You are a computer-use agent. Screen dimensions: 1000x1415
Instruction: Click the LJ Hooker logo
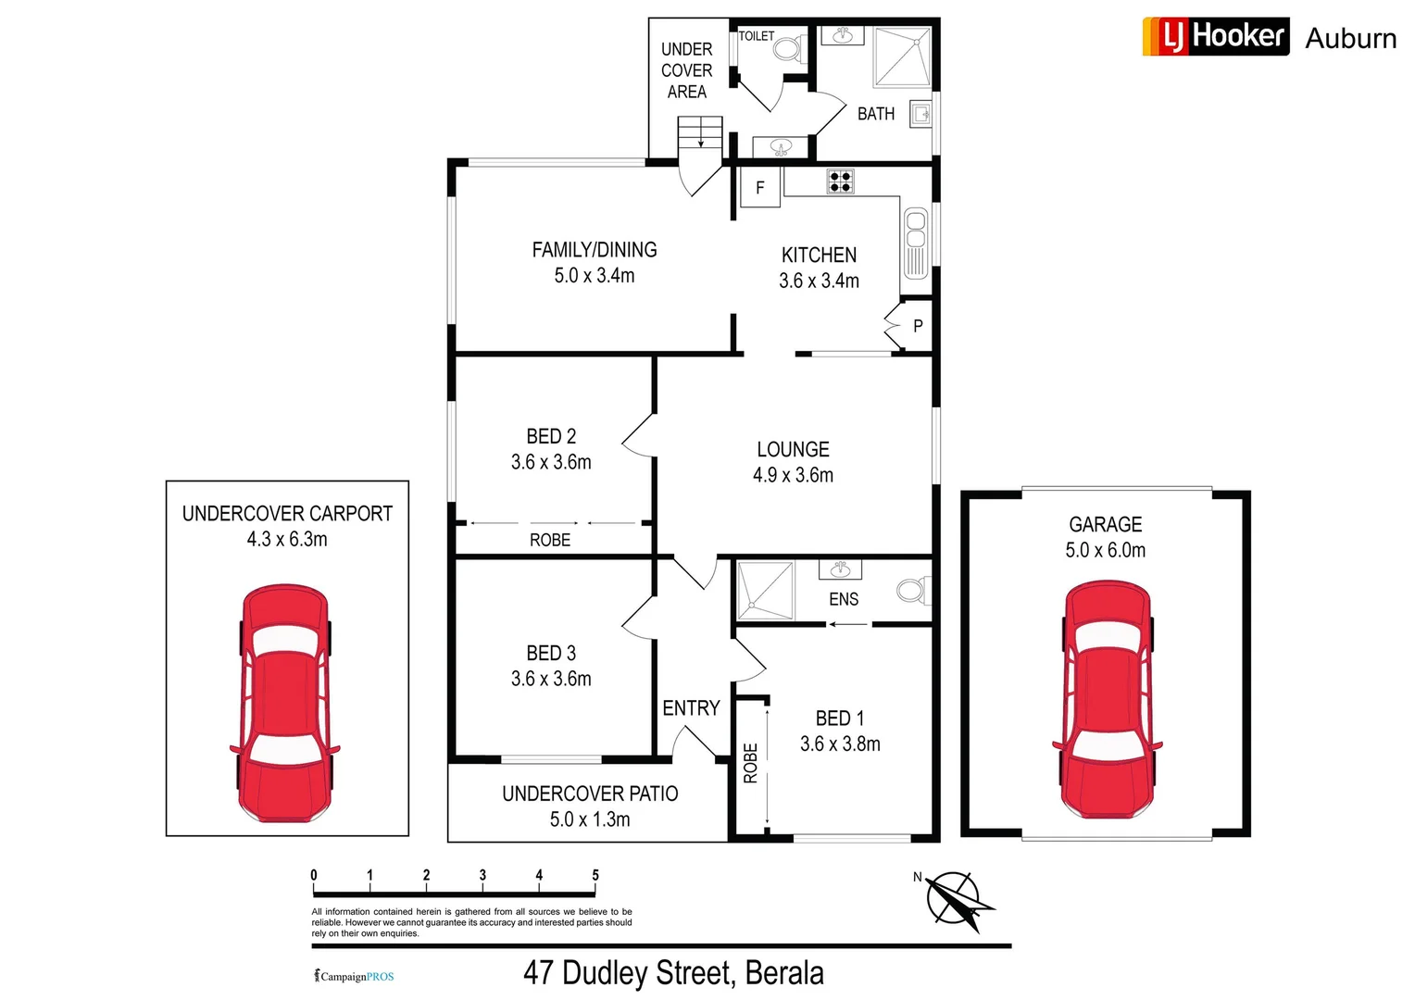coord(1215,36)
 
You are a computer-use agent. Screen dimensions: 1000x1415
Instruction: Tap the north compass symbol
coord(957,897)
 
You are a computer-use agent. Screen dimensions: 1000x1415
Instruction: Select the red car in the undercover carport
coord(285,703)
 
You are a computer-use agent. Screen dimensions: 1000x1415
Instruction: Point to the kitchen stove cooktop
coord(840,181)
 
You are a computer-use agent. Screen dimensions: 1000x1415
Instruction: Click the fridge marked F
coord(760,188)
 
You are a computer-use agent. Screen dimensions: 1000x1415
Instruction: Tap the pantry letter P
coord(918,326)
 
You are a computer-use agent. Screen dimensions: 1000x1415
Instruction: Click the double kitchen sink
coord(916,243)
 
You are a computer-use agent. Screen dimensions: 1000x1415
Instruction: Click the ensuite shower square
coord(766,591)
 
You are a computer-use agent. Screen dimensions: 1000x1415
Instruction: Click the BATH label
coord(876,114)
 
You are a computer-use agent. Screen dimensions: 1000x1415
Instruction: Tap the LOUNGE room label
coord(793,450)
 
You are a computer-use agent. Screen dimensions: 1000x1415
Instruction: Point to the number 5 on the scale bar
coord(595,875)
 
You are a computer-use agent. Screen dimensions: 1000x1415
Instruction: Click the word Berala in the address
coord(784,973)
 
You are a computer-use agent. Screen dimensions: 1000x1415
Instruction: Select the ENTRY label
coord(691,708)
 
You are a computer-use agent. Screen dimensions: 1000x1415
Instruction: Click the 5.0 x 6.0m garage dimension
coord(1105,550)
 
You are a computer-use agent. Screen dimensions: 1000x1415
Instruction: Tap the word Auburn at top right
coord(1351,39)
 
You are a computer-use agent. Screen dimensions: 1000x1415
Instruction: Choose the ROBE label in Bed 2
coord(550,540)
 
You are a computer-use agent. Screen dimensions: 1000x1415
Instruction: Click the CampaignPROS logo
coord(355,976)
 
